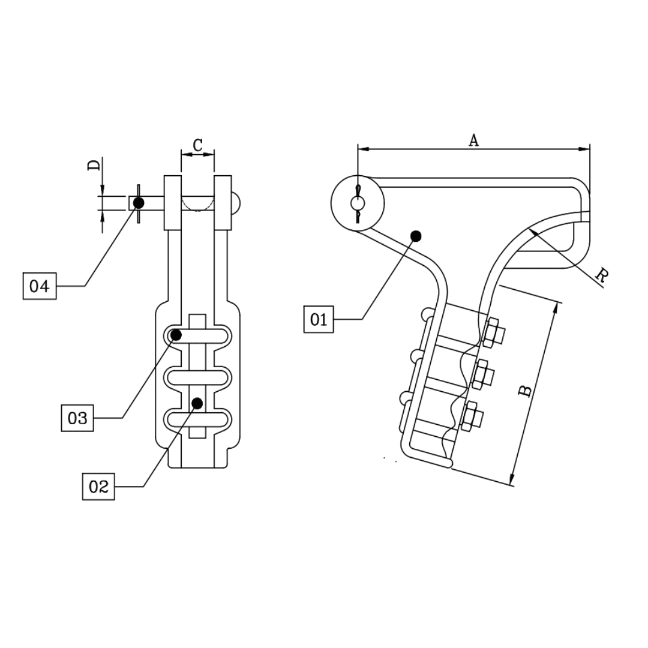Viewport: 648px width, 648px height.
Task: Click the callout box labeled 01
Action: (318, 319)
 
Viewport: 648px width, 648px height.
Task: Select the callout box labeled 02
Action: (98, 487)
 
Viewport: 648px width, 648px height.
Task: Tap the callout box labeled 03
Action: (77, 418)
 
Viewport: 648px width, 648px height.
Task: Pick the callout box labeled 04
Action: (40, 286)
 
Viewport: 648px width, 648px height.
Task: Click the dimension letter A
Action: (473, 140)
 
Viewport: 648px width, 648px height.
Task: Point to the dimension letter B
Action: (524, 391)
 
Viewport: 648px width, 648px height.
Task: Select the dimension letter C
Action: (197, 145)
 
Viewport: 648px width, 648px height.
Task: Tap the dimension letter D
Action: (94, 165)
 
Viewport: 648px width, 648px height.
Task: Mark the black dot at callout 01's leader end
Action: (416, 236)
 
